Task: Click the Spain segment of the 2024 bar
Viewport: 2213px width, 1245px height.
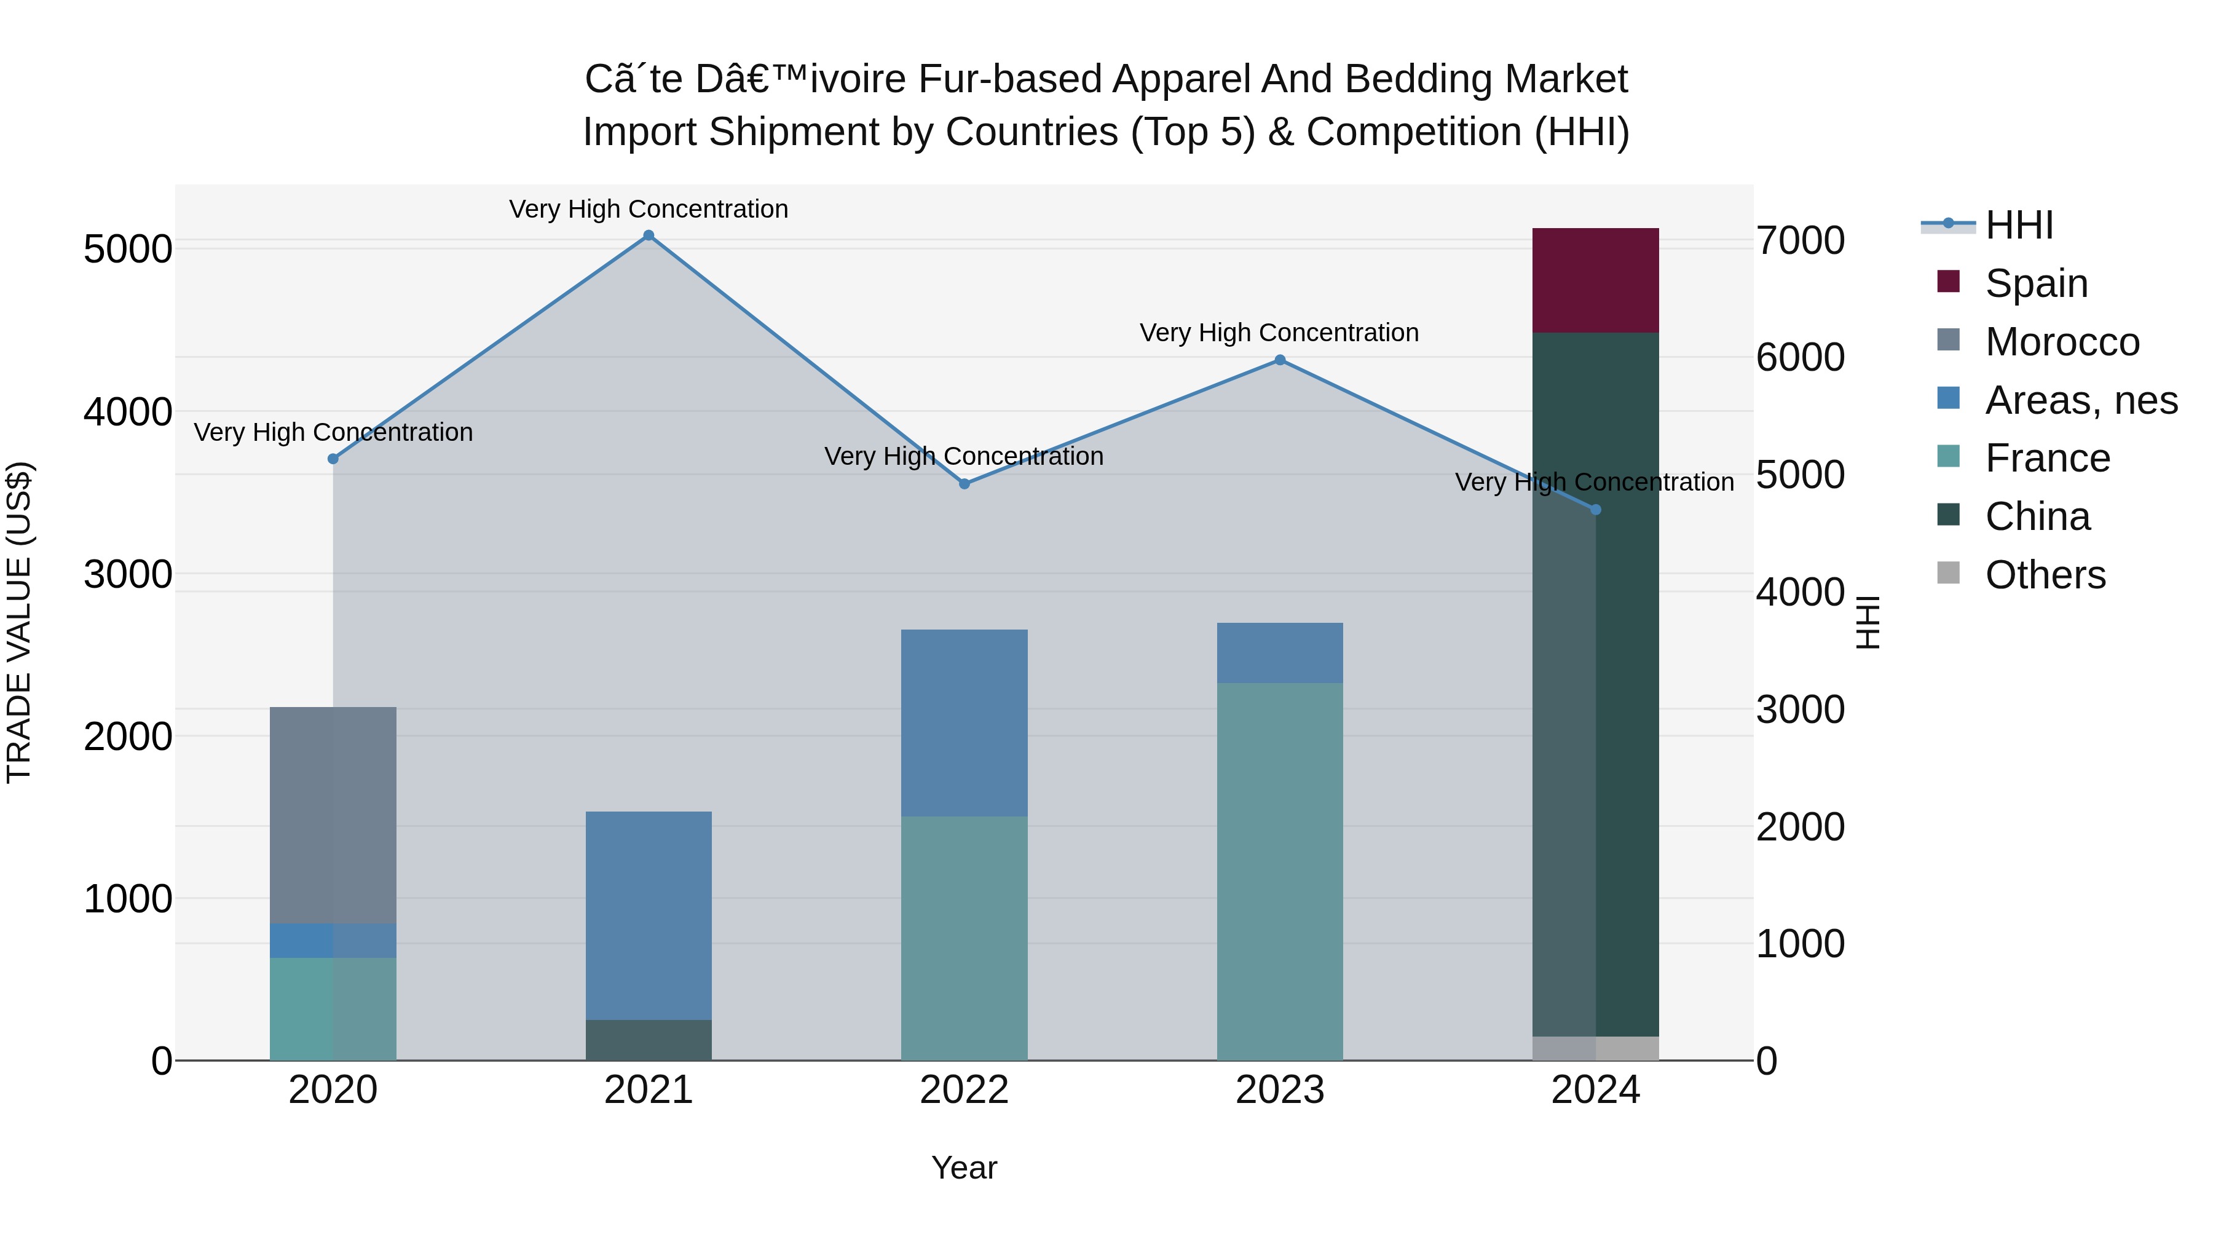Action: pyautogui.click(x=1595, y=280)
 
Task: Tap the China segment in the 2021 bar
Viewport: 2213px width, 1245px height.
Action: pyautogui.click(x=649, y=1040)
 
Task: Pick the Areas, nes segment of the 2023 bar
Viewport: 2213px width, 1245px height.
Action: pyautogui.click(x=1280, y=653)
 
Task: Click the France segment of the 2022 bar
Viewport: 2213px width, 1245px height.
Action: pyautogui.click(x=964, y=938)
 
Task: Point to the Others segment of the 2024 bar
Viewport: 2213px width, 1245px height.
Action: pyautogui.click(x=1595, y=1048)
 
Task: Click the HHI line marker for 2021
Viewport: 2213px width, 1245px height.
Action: pyautogui.click(x=649, y=235)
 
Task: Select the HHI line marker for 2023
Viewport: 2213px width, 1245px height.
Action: pyautogui.click(x=1280, y=360)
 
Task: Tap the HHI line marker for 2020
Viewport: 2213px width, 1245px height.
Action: pyautogui.click(x=333, y=459)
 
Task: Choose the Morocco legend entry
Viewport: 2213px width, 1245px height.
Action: pyautogui.click(x=2062, y=342)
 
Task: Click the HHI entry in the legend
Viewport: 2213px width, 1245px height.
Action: pyautogui.click(x=2019, y=225)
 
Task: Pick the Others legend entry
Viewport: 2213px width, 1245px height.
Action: pyautogui.click(x=2045, y=575)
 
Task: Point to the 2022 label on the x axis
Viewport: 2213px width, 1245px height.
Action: pyautogui.click(x=964, y=1090)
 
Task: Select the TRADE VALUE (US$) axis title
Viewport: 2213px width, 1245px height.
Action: pyautogui.click(x=19, y=622)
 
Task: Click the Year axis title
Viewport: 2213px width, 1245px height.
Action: pyautogui.click(x=964, y=1168)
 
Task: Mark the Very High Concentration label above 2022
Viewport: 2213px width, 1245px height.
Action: pyautogui.click(x=964, y=456)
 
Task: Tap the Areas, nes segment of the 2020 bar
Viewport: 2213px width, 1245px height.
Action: pyautogui.click(x=333, y=940)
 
